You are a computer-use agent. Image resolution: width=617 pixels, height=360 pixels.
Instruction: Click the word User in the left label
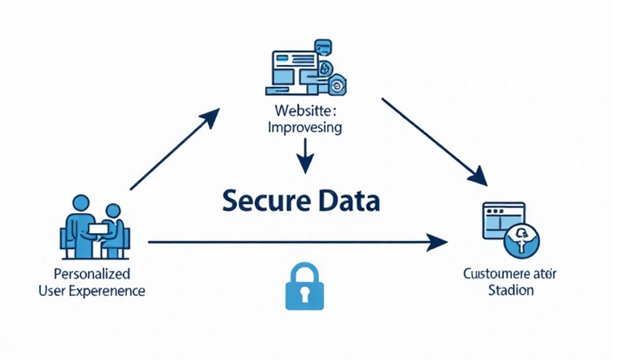pyautogui.click(x=52, y=290)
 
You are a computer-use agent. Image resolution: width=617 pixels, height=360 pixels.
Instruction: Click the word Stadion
pyautogui.click(x=510, y=290)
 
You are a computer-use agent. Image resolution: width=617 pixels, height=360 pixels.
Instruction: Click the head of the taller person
pyautogui.click(x=80, y=202)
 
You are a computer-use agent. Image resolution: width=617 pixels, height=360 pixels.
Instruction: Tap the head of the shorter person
pyautogui.click(x=112, y=211)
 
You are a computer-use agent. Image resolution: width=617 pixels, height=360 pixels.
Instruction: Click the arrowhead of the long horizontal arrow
pyautogui.click(x=438, y=241)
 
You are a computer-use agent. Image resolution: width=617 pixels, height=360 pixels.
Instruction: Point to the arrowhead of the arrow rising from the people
pyautogui.click(x=210, y=117)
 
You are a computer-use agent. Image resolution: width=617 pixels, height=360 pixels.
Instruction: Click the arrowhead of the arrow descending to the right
pyautogui.click(x=478, y=176)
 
